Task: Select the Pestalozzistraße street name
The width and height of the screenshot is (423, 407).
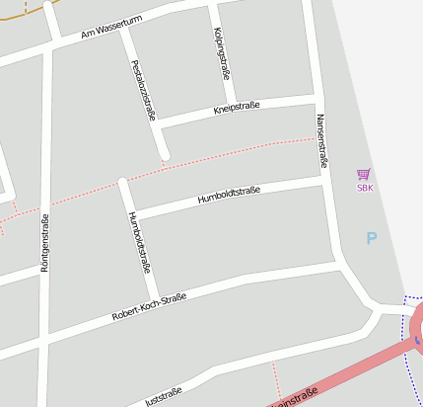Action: (144, 90)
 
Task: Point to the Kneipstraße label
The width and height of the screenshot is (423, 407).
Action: (236, 108)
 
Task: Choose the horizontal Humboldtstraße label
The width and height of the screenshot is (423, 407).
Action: (229, 194)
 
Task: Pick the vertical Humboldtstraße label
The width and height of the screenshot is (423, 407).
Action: (138, 241)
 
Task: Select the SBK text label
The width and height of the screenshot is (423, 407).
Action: (365, 187)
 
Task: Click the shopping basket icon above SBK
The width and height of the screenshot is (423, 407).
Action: (364, 173)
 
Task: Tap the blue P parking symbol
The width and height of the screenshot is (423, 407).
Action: (372, 238)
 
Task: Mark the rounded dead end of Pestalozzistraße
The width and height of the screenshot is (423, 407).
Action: (164, 154)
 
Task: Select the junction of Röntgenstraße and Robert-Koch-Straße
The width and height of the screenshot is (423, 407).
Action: (43, 342)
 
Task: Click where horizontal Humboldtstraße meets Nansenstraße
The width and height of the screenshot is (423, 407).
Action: (325, 180)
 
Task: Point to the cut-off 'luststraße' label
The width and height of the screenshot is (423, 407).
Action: (164, 397)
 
